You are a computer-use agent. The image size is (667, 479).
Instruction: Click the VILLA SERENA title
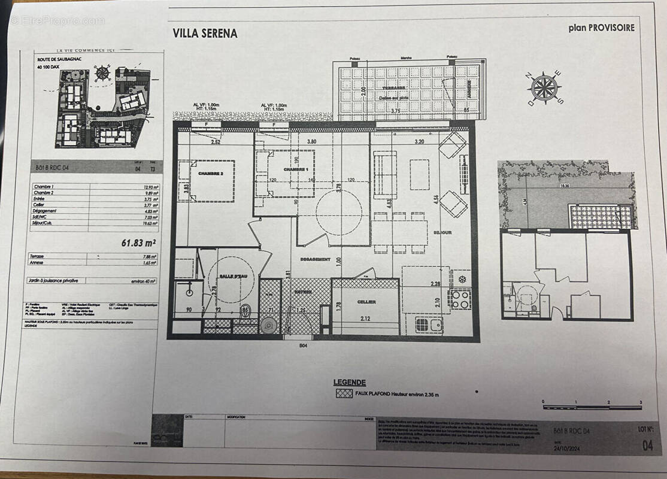pos(205,34)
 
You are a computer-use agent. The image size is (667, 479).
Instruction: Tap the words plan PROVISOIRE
pos(601,27)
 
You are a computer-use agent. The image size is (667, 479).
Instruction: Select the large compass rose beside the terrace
pos(544,87)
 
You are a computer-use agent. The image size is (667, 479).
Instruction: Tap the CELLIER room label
pos(366,302)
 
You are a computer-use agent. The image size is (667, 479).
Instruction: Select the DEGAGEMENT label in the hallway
pos(314,259)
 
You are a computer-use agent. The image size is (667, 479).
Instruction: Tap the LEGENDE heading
pos(349,382)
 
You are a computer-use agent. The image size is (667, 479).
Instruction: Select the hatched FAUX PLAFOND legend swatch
pos(344,393)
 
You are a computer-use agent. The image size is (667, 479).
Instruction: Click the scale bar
pos(592,407)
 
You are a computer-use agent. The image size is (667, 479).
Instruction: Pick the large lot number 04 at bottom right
pos(647,444)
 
